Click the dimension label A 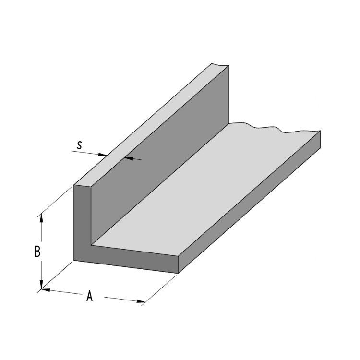tap(89, 297)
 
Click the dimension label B tap(37, 252)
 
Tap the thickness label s tap(79, 144)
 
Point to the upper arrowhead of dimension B tap(41, 217)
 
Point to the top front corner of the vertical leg tap(74, 185)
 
